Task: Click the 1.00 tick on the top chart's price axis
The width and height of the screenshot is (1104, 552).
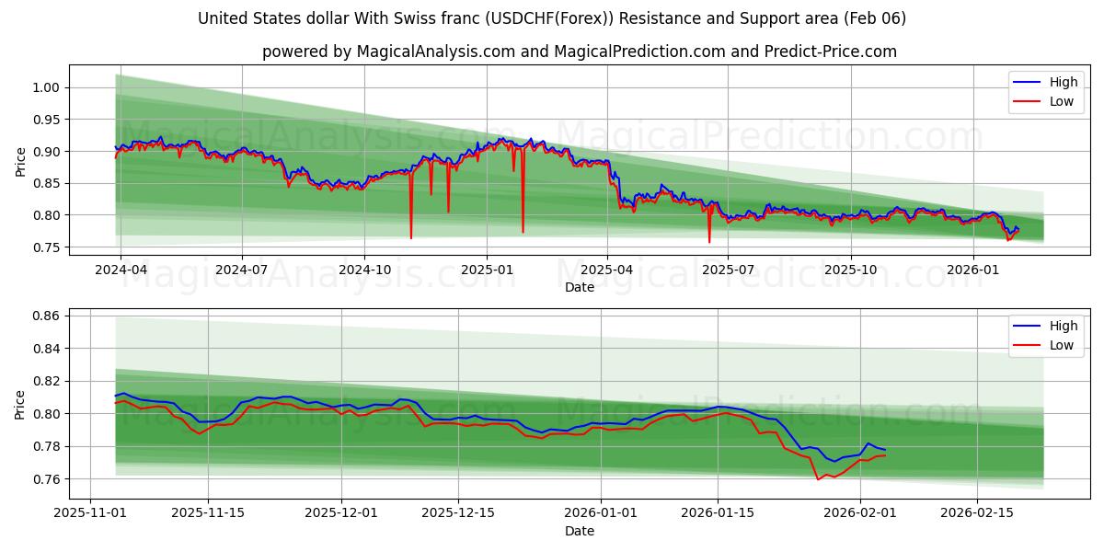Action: coord(47,87)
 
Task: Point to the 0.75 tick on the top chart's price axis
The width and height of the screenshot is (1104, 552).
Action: coord(47,247)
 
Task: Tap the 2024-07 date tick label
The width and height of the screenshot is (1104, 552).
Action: coord(242,270)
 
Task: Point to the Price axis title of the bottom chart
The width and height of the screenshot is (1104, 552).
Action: coord(20,404)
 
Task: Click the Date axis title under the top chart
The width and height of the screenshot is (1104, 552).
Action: coord(580,287)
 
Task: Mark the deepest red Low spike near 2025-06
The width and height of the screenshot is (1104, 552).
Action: coord(709,242)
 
